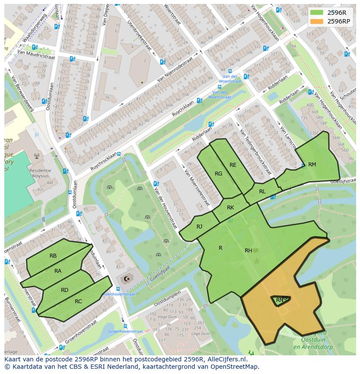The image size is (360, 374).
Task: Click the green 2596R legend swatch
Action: [317, 13]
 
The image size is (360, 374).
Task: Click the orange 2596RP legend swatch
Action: [317, 21]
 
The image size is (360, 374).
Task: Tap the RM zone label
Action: [312, 165]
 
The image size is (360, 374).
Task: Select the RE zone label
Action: [233, 165]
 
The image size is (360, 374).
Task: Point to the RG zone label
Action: [219, 174]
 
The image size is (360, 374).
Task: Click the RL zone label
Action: [262, 192]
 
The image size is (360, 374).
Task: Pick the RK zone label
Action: [230, 208]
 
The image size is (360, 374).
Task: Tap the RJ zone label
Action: [199, 226]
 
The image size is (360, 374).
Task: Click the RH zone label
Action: [248, 251]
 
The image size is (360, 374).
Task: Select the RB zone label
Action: [53, 256]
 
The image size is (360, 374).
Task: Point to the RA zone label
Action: [58, 271]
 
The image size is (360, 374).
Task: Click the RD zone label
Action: [64, 290]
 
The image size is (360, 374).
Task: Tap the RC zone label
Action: [78, 301]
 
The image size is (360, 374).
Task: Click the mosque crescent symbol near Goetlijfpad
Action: [127, 279]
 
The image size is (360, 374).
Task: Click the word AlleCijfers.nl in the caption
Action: [226, 359]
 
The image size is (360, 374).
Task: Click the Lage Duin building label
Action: [200, 334]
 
